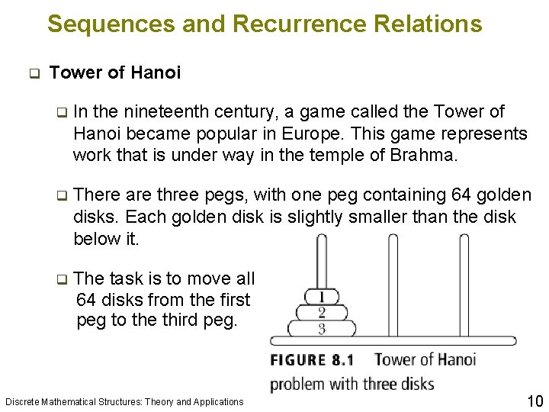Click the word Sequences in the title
pos(111,24)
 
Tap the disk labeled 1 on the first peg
pos(322,296)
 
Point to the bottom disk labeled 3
pos(322,329)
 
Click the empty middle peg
pos(393,282)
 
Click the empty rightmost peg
pos(464,282)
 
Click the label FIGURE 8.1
pos(318,359)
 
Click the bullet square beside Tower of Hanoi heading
pos(33,74)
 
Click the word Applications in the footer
pos(218,401)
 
